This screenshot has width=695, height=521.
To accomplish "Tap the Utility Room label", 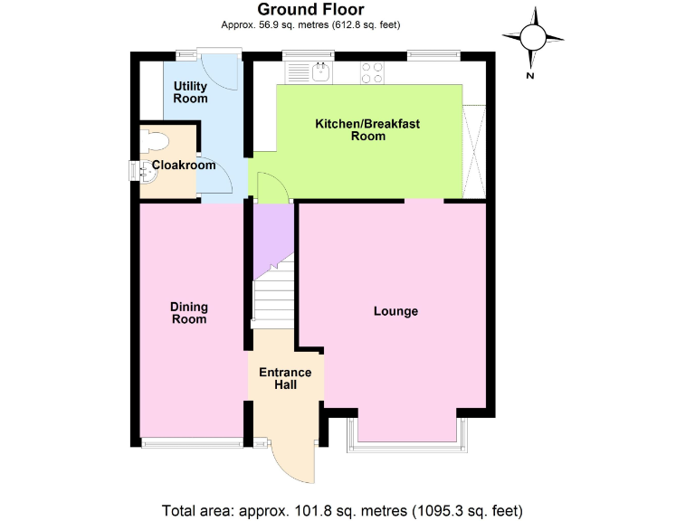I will (x=191, y=92).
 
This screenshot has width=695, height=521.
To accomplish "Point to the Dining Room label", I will (x=188, y=312).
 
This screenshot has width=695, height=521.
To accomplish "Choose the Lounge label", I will (x=396, y=311).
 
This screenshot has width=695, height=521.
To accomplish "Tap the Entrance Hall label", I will (x=285, y=379).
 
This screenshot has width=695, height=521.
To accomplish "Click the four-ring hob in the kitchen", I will (x=373, y=69).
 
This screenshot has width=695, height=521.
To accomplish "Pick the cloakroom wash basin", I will (x=148, y=170).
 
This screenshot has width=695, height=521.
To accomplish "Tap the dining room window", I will (x=191, y=442).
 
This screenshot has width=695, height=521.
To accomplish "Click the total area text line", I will (x=342, y=508).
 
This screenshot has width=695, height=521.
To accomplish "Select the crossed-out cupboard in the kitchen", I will (x=474, y=151).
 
